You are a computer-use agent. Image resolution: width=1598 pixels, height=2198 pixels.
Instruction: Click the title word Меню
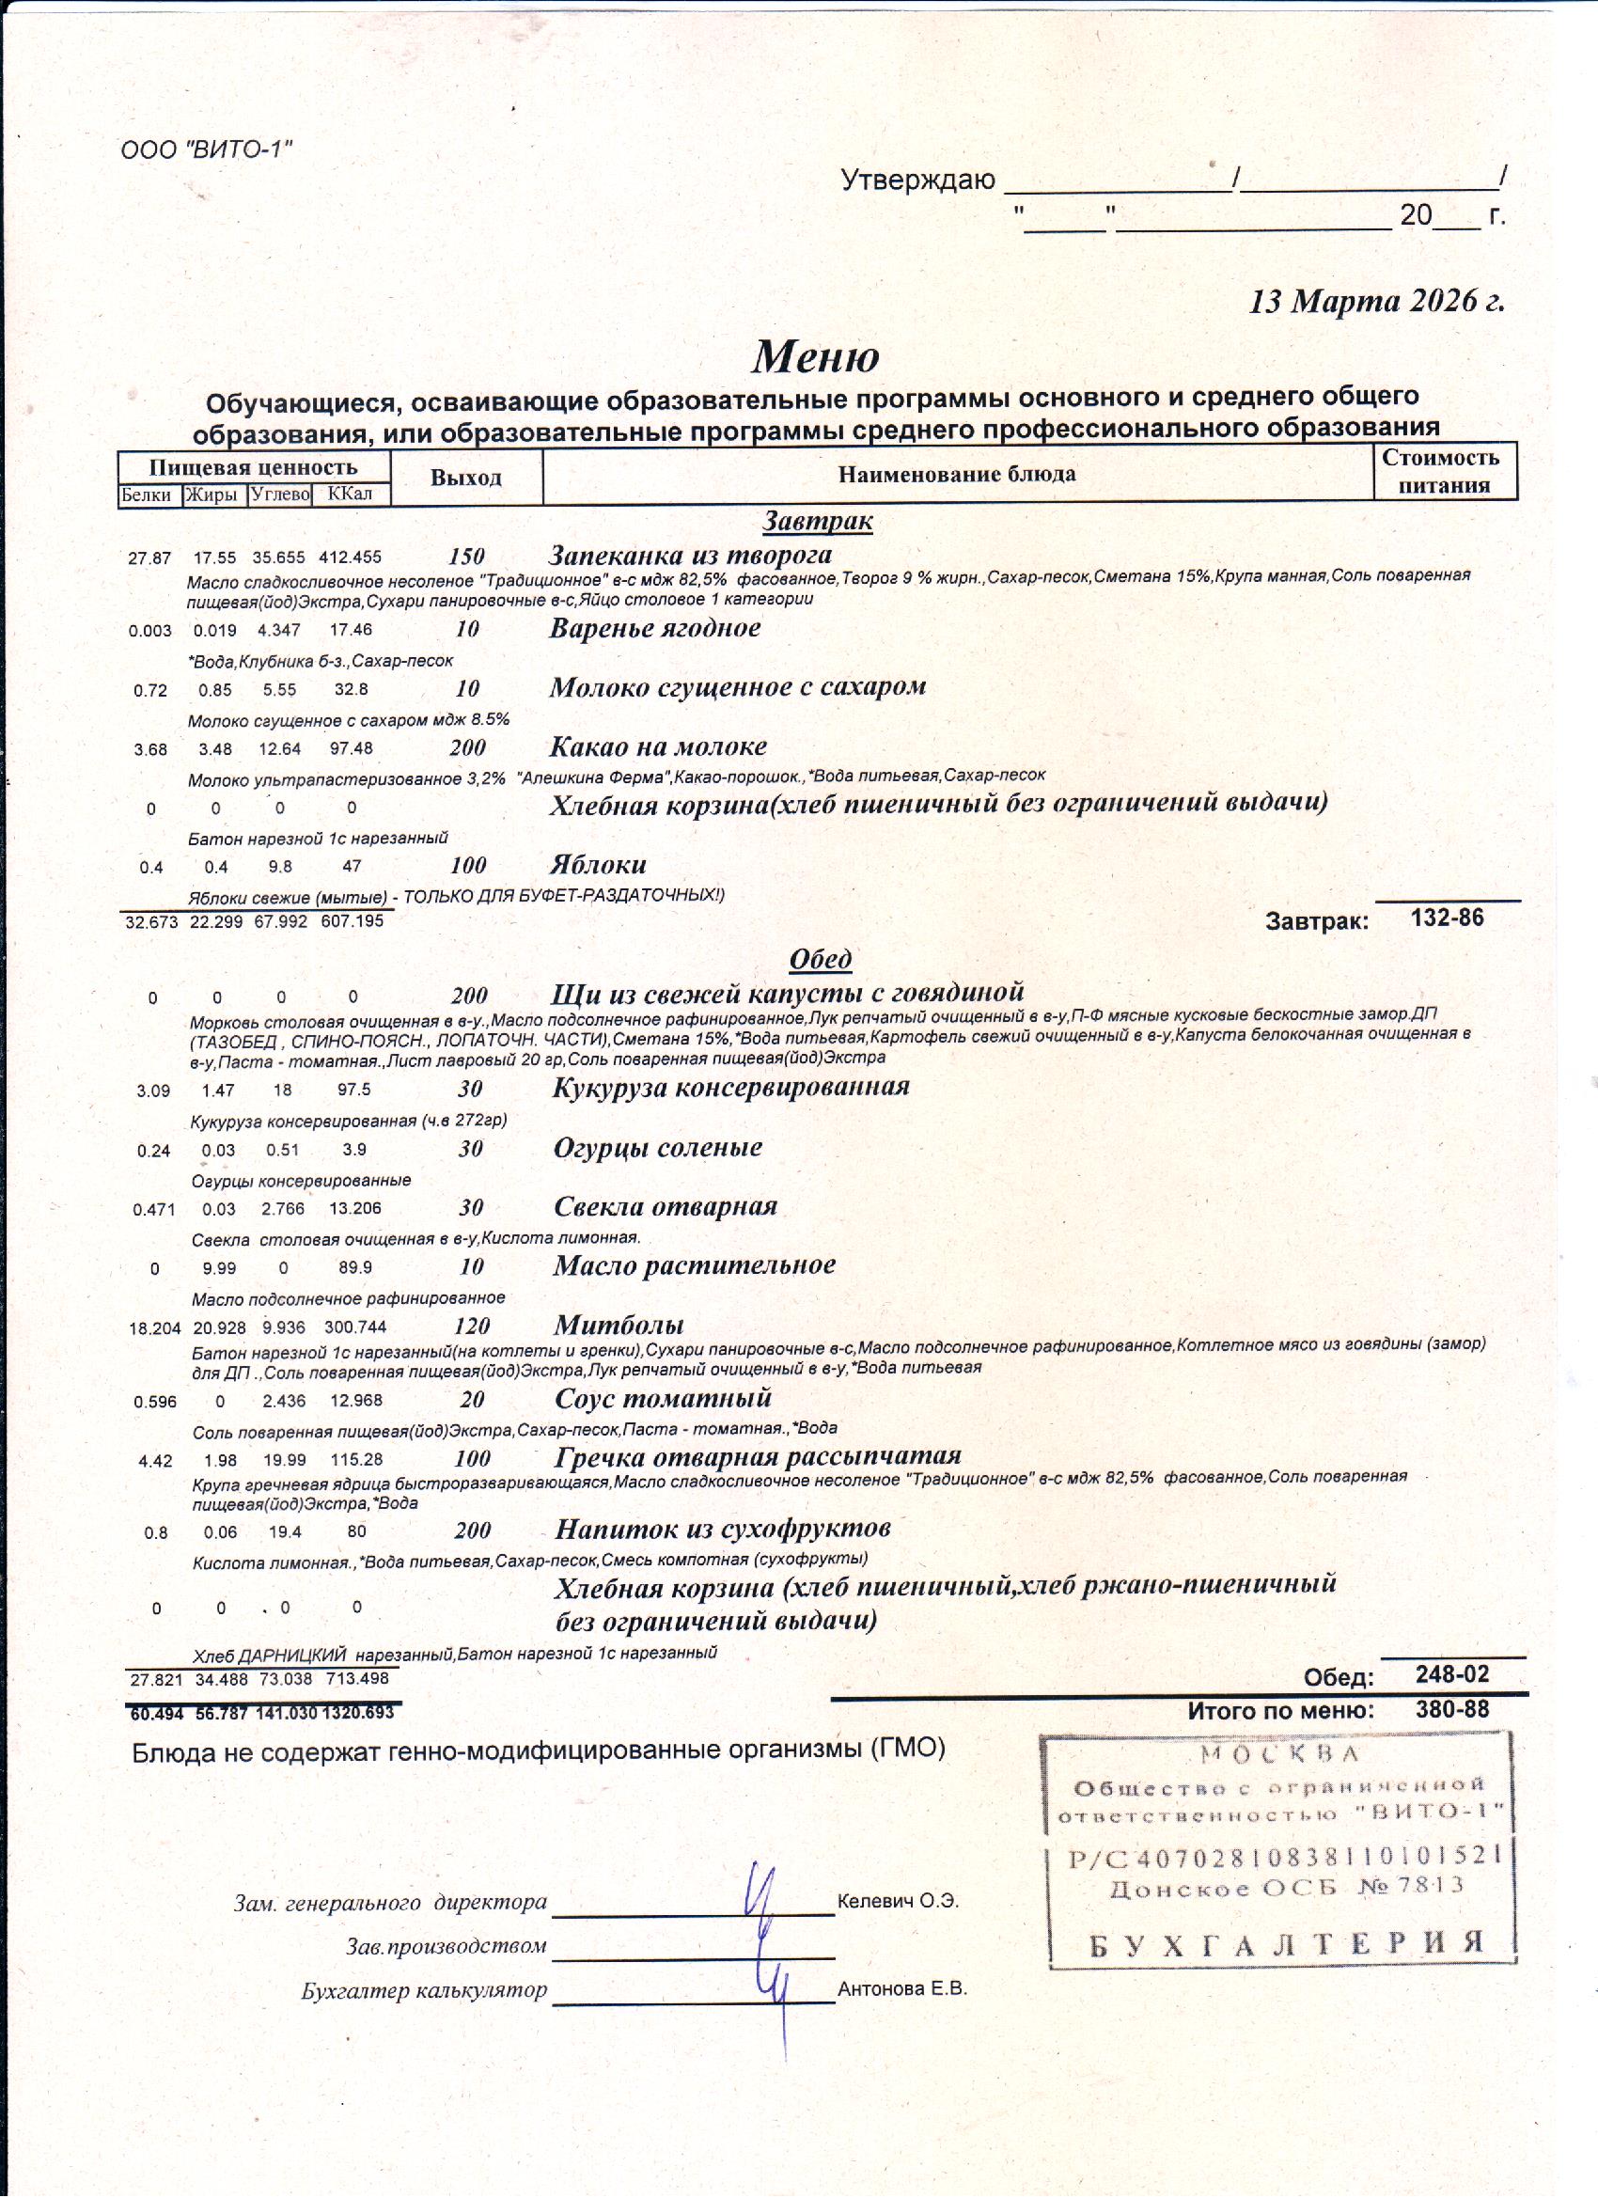815,356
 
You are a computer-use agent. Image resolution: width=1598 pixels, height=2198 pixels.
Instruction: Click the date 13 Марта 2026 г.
1376,302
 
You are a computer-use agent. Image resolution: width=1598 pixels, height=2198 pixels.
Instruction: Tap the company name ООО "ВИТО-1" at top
207,150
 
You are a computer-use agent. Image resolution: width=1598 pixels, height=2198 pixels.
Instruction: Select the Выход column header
466,478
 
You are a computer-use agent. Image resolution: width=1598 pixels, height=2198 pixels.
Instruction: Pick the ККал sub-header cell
350,495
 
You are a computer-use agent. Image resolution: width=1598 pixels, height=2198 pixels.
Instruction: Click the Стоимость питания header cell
1444,472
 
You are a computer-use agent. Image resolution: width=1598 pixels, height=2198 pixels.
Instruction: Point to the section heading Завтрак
817,522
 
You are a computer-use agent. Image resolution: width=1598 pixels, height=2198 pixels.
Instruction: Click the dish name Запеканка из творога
690,556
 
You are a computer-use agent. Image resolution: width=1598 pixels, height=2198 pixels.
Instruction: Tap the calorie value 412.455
350,558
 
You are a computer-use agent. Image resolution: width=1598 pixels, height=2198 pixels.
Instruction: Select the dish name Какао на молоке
658,746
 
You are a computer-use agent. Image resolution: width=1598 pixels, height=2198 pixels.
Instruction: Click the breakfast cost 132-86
1447,918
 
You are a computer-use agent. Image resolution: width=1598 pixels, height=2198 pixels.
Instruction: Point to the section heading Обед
820,959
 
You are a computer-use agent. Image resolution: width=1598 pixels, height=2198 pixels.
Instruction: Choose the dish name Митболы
619,1325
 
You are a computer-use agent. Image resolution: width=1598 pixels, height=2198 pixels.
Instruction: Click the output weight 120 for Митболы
471,1326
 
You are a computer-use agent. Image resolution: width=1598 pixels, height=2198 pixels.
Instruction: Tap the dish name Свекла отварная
665,1206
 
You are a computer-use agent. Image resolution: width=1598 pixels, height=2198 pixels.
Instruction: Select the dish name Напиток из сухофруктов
722,1530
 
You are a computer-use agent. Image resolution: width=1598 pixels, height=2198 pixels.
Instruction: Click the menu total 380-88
1450,1709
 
